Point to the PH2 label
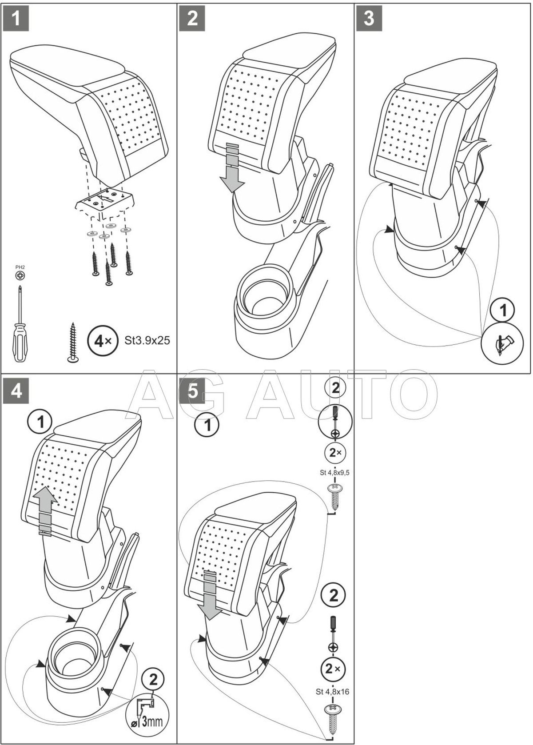(x=20, y=267)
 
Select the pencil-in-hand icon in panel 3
(x=502, y=343)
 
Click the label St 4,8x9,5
(x=335, y=473)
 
